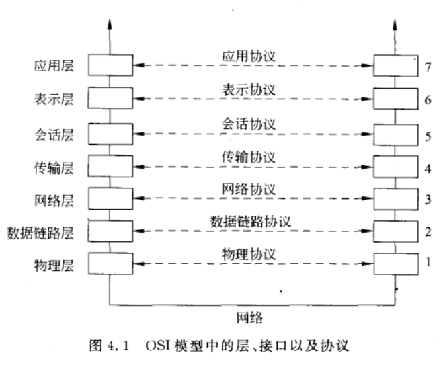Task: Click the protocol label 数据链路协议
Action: pyautogui.click(x=252, y=221)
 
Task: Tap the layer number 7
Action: pyautogui.click(x=428, y=67)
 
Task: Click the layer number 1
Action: pyautogui.click(x=428, y=261)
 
